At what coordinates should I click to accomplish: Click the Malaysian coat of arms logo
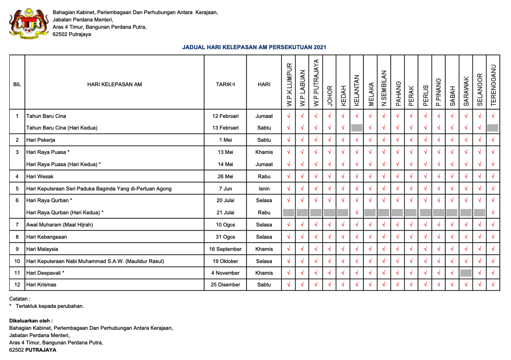29,23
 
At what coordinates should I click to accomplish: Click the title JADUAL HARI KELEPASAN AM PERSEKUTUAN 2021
254,47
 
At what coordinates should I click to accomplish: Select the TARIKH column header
225,84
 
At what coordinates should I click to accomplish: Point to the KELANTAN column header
357,90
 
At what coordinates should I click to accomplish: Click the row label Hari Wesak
39,176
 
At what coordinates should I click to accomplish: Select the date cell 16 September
225,249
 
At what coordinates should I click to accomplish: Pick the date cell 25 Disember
225,284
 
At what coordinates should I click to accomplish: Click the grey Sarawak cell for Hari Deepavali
466,273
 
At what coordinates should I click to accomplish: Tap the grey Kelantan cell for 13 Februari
357,128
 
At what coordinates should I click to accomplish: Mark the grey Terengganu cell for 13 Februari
492,128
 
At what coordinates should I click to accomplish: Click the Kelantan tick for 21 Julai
357,212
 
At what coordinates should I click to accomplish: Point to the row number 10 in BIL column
17,261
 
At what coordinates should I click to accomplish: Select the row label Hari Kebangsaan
47,237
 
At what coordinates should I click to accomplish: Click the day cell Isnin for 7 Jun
264,189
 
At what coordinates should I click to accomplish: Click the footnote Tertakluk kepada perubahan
50,306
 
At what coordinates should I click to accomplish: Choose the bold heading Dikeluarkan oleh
31,321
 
